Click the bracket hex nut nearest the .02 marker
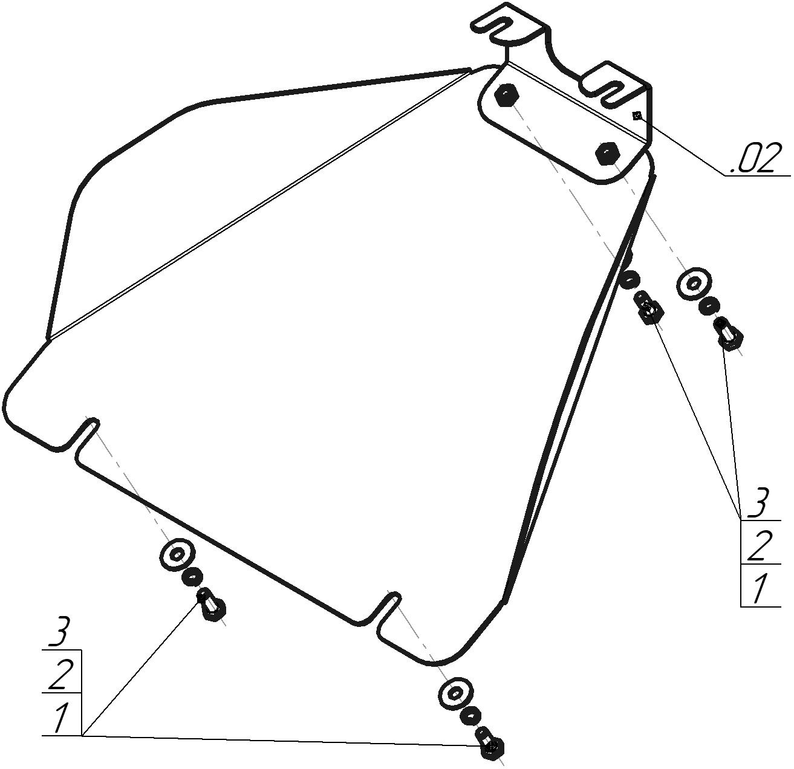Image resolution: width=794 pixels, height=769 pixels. (x=608, y=154)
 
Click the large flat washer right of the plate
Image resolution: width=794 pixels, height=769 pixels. (x=694, y=284)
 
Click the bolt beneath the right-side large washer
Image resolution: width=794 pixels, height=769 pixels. (x=728, y=335)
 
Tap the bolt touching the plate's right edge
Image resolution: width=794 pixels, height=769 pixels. (x=648, y=308)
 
